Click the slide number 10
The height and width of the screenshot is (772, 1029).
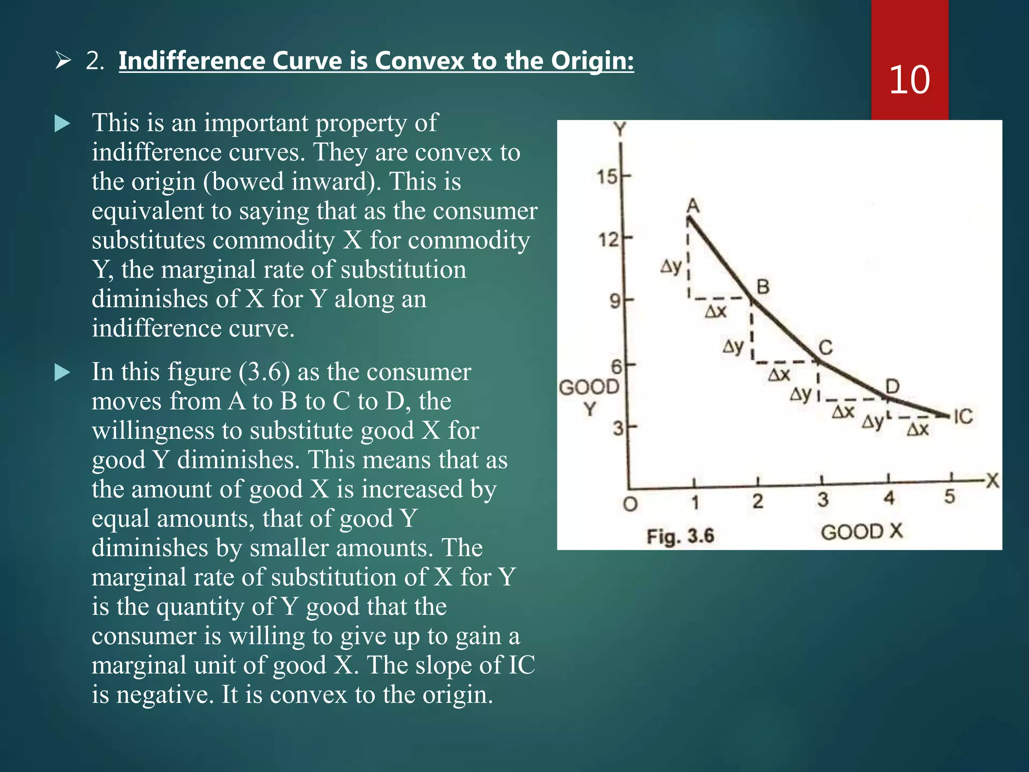(x=909, y=79)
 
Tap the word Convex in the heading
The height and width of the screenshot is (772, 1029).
(x=419, y=61)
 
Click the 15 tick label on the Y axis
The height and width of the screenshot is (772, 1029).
(x=606, y=177)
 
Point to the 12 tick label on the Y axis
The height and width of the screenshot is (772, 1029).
(x=607, y=240)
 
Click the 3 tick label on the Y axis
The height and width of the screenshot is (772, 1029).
(x=618, y=428)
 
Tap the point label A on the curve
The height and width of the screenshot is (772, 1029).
(x=693, y=206)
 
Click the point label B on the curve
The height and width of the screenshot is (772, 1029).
(x=763, y=287)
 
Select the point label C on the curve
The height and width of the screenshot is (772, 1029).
(x=826, y=347)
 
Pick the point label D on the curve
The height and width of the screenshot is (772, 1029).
(x=892, y=387)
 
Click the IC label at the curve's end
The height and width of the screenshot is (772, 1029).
(x=963, y=417)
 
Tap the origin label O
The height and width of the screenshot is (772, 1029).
(x=630, y=504)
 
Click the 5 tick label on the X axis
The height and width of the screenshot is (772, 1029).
(x=949, y=497)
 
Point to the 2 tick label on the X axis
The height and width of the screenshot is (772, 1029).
(x=758, y=501)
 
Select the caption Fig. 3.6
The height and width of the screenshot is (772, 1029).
(x=680, y=536)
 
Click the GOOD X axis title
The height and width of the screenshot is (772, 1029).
(x=861, y=532)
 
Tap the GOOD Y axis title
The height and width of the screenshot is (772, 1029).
(x=589, y=398)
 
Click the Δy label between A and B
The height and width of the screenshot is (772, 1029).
(x=671, y=266)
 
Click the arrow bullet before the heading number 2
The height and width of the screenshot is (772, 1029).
(x=63, y=61)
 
